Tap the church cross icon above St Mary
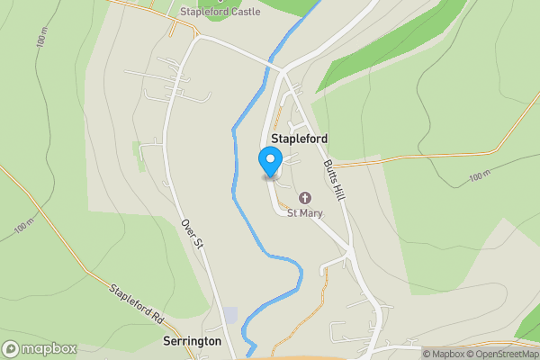(304, 198)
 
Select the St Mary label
(304, 213)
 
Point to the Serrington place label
(193, 342)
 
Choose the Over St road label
(190, 234)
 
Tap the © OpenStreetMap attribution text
(502, 354)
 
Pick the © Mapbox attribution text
(443, 354)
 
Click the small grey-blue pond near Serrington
(230, 316)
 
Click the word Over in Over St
(186, 227)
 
